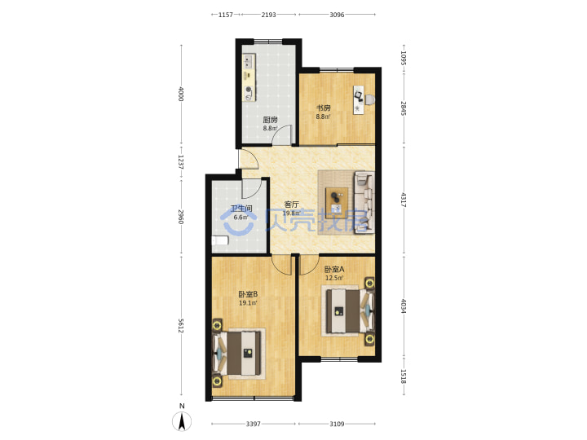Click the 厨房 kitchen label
coord(270,120)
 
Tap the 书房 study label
coord(324,108)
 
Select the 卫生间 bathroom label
coord(241,209)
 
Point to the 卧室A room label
coord(334,269)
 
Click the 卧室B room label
coord(248,294)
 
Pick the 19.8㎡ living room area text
coord(291,213)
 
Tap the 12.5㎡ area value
coord(334,278)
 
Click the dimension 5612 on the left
coord(181,325)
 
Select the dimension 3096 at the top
coord(337,15)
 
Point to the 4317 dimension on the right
coord(404,200)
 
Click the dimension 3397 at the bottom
coord(253,424)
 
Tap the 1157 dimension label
coord(226,15)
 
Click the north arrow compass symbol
coord(182,421)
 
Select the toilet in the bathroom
coord(220,240)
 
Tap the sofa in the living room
coord(364,202)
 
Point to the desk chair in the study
coord(369,99)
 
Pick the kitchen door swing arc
coord(278,131)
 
